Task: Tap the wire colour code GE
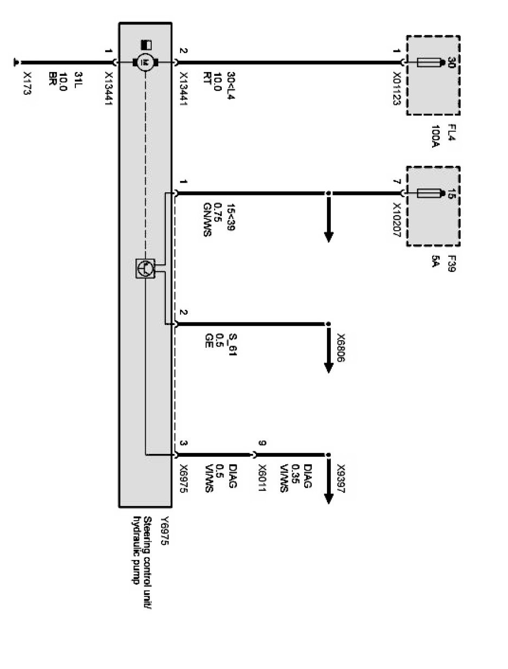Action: click(x=207, y=345)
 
